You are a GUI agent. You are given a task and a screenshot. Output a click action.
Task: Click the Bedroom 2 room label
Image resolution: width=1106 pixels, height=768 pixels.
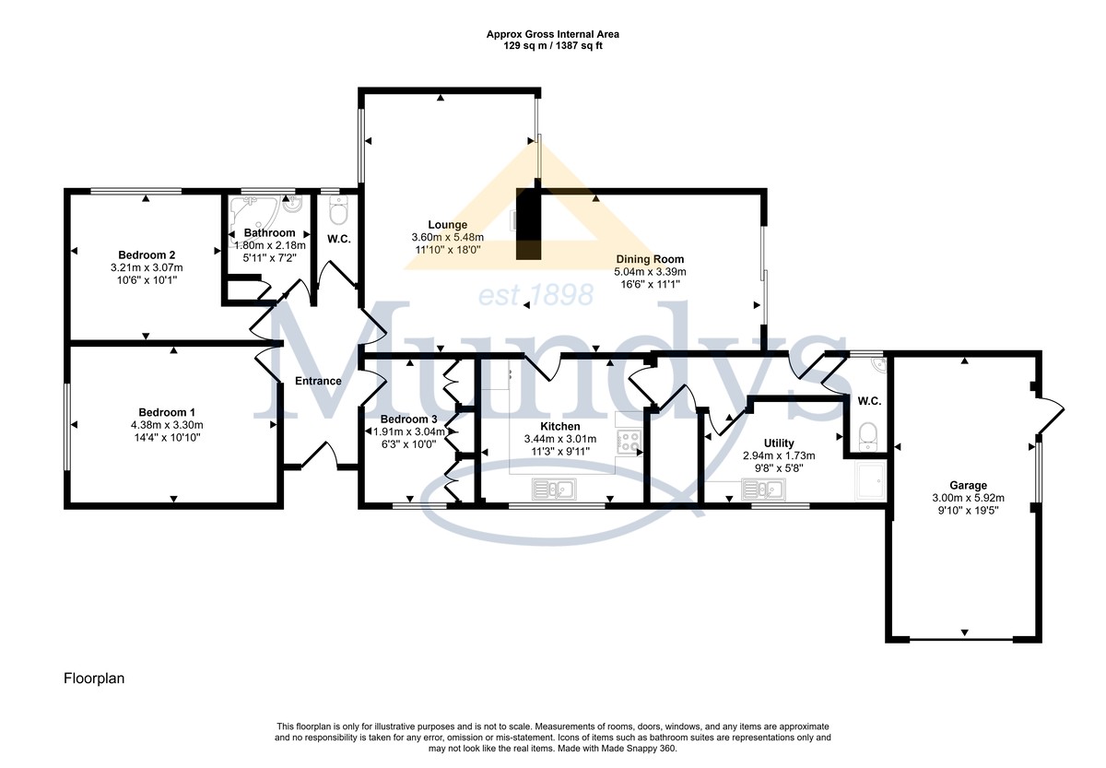pyautogui.click(x=147, y=254)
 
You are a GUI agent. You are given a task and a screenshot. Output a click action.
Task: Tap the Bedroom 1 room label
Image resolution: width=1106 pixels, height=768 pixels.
pyautogui.click(x=167, y=412)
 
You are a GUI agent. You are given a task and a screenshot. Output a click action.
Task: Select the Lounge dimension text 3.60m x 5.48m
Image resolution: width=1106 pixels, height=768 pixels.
pyautogui.click(x=448, y=238)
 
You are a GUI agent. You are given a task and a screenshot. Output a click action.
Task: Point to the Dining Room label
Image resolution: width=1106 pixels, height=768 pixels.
pyautogui.click(x=650, y=259)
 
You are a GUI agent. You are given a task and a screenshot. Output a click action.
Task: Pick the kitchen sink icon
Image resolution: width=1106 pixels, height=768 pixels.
pyautogui.click(x=554, y=489)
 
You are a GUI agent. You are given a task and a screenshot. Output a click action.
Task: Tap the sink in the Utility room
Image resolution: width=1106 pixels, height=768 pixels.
pyautogui.click(x=763, y=489)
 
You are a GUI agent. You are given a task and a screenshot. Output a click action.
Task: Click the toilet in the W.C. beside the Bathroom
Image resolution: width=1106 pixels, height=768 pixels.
pyautogui.click(x=339, y=209)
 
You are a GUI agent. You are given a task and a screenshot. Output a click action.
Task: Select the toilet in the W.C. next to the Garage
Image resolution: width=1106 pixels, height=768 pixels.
pyautogui.click(x=867, y=437)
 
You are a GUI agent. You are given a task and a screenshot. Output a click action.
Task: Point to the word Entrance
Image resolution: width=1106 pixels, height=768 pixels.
pyautogui.click(x=318, y=381)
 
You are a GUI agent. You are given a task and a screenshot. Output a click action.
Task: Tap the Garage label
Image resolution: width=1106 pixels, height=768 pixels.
pyautogui.click(x=968, y=486)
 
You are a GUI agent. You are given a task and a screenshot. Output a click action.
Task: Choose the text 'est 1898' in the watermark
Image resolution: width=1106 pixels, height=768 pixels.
pyautogui.click(x=535, y=295)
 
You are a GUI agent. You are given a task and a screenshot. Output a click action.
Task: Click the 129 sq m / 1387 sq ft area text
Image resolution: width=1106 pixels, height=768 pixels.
pyautogui.click(x=552, y=46)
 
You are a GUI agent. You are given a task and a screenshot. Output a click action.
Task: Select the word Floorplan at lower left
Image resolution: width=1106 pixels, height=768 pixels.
pyautogui.click(x=94, y=679)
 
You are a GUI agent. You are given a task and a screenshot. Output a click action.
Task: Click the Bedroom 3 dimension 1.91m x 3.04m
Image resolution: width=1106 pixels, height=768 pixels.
pyautogui.click(x=409, y=431)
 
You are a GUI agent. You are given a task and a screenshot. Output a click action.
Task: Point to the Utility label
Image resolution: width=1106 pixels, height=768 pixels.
pyautogui.click(x=779, y=443)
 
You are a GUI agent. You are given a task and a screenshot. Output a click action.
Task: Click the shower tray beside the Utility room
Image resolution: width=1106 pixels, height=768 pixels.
pyautogui.click(x=872, y=480)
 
